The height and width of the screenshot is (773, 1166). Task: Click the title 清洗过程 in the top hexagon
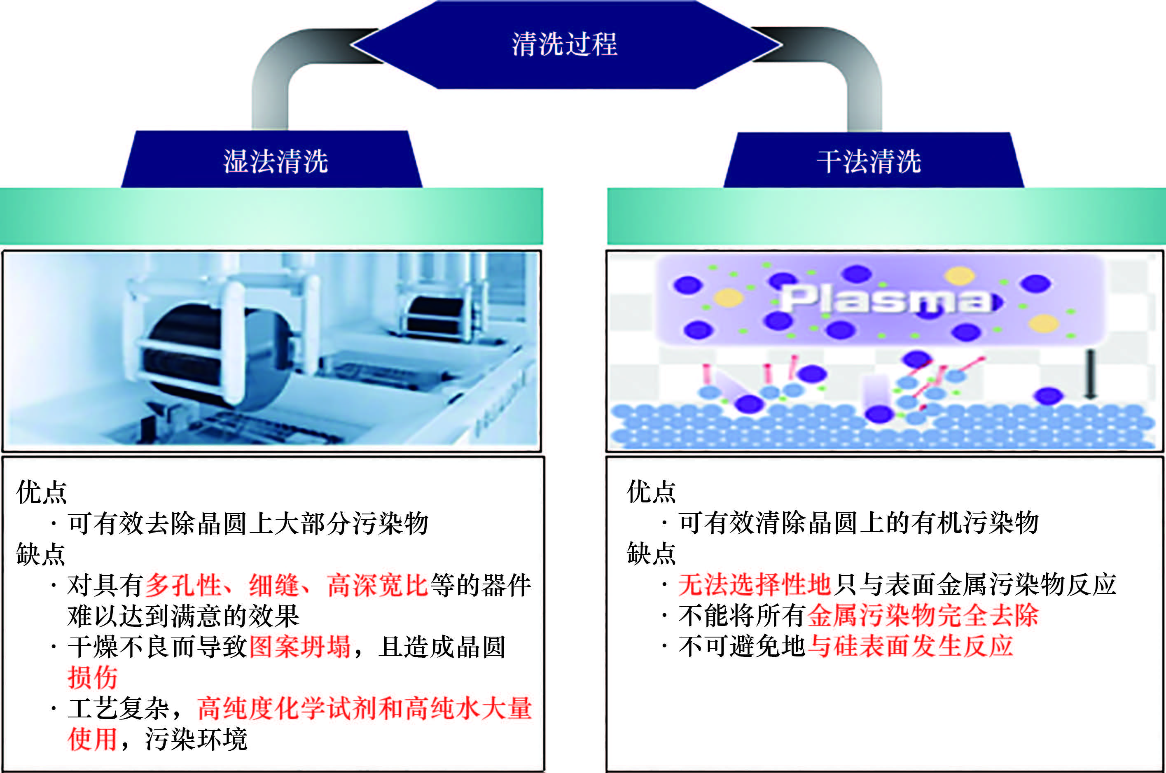(565, 44)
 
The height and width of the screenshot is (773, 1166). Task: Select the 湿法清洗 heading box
(275, 161)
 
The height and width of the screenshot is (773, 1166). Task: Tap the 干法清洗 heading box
(869, 161)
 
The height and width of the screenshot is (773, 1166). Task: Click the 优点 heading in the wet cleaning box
(42, 492)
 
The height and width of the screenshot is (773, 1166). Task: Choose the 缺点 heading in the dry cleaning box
(651, 553)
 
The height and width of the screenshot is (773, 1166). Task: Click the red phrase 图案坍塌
(300, 647)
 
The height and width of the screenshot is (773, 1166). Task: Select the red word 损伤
(93, 677)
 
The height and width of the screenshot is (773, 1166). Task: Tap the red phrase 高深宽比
(377, 585)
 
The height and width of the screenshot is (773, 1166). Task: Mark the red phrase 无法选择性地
(755, 585)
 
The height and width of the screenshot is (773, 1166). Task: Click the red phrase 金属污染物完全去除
(923, 615)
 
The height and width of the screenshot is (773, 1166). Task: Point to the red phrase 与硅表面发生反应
(910, 646)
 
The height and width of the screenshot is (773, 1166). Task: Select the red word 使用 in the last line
(92, 739)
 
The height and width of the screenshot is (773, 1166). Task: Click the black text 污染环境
(196, 739)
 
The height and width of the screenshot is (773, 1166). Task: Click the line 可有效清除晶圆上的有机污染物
(858, 523)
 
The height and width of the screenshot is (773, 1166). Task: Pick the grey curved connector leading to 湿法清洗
(276, 74)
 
